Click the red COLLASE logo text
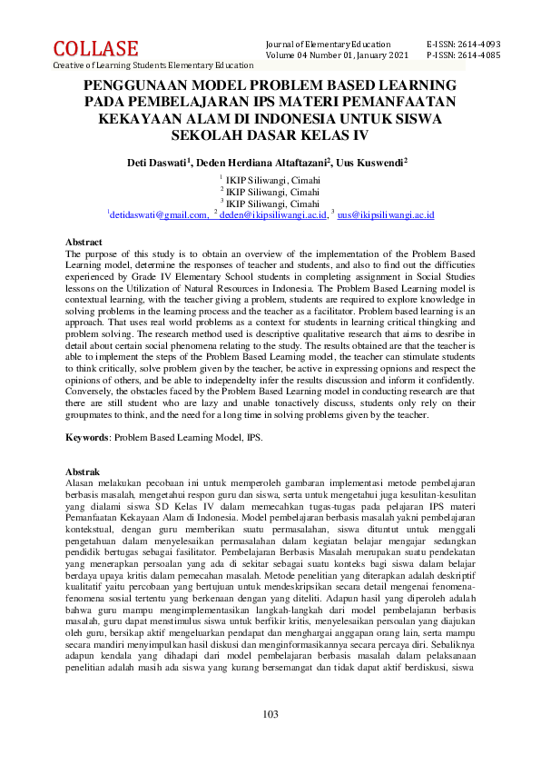click(95, 48)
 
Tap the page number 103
click(270, 714)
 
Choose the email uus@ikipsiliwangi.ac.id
click(386, 214)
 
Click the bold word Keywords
click(89, 437)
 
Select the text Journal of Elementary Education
click(328, 45)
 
